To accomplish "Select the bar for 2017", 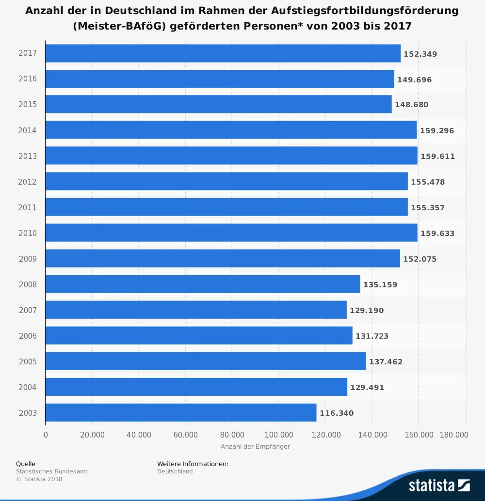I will (223, 53).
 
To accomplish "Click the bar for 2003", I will (181, 413).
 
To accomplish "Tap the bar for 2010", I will (231, 233).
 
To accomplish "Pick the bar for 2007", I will (196, 310).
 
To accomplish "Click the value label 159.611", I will (438, 157).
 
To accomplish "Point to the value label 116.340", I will (337, 413).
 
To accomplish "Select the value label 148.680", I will (412, 105).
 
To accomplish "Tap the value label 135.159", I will (380, 285).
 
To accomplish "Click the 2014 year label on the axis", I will (28, 130).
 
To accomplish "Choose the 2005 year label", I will (28, 361).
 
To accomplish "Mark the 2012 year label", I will (28, 182).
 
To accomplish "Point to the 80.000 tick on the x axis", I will (232, 435).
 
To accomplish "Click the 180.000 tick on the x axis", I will (453, 435).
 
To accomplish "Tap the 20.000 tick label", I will (92, 435).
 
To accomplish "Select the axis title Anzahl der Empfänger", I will (255, 446).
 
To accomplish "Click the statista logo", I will (439, 485).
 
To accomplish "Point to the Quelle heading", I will (26, 464).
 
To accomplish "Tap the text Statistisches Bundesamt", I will (52, 471).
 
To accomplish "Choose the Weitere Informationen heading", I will (193, 464).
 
